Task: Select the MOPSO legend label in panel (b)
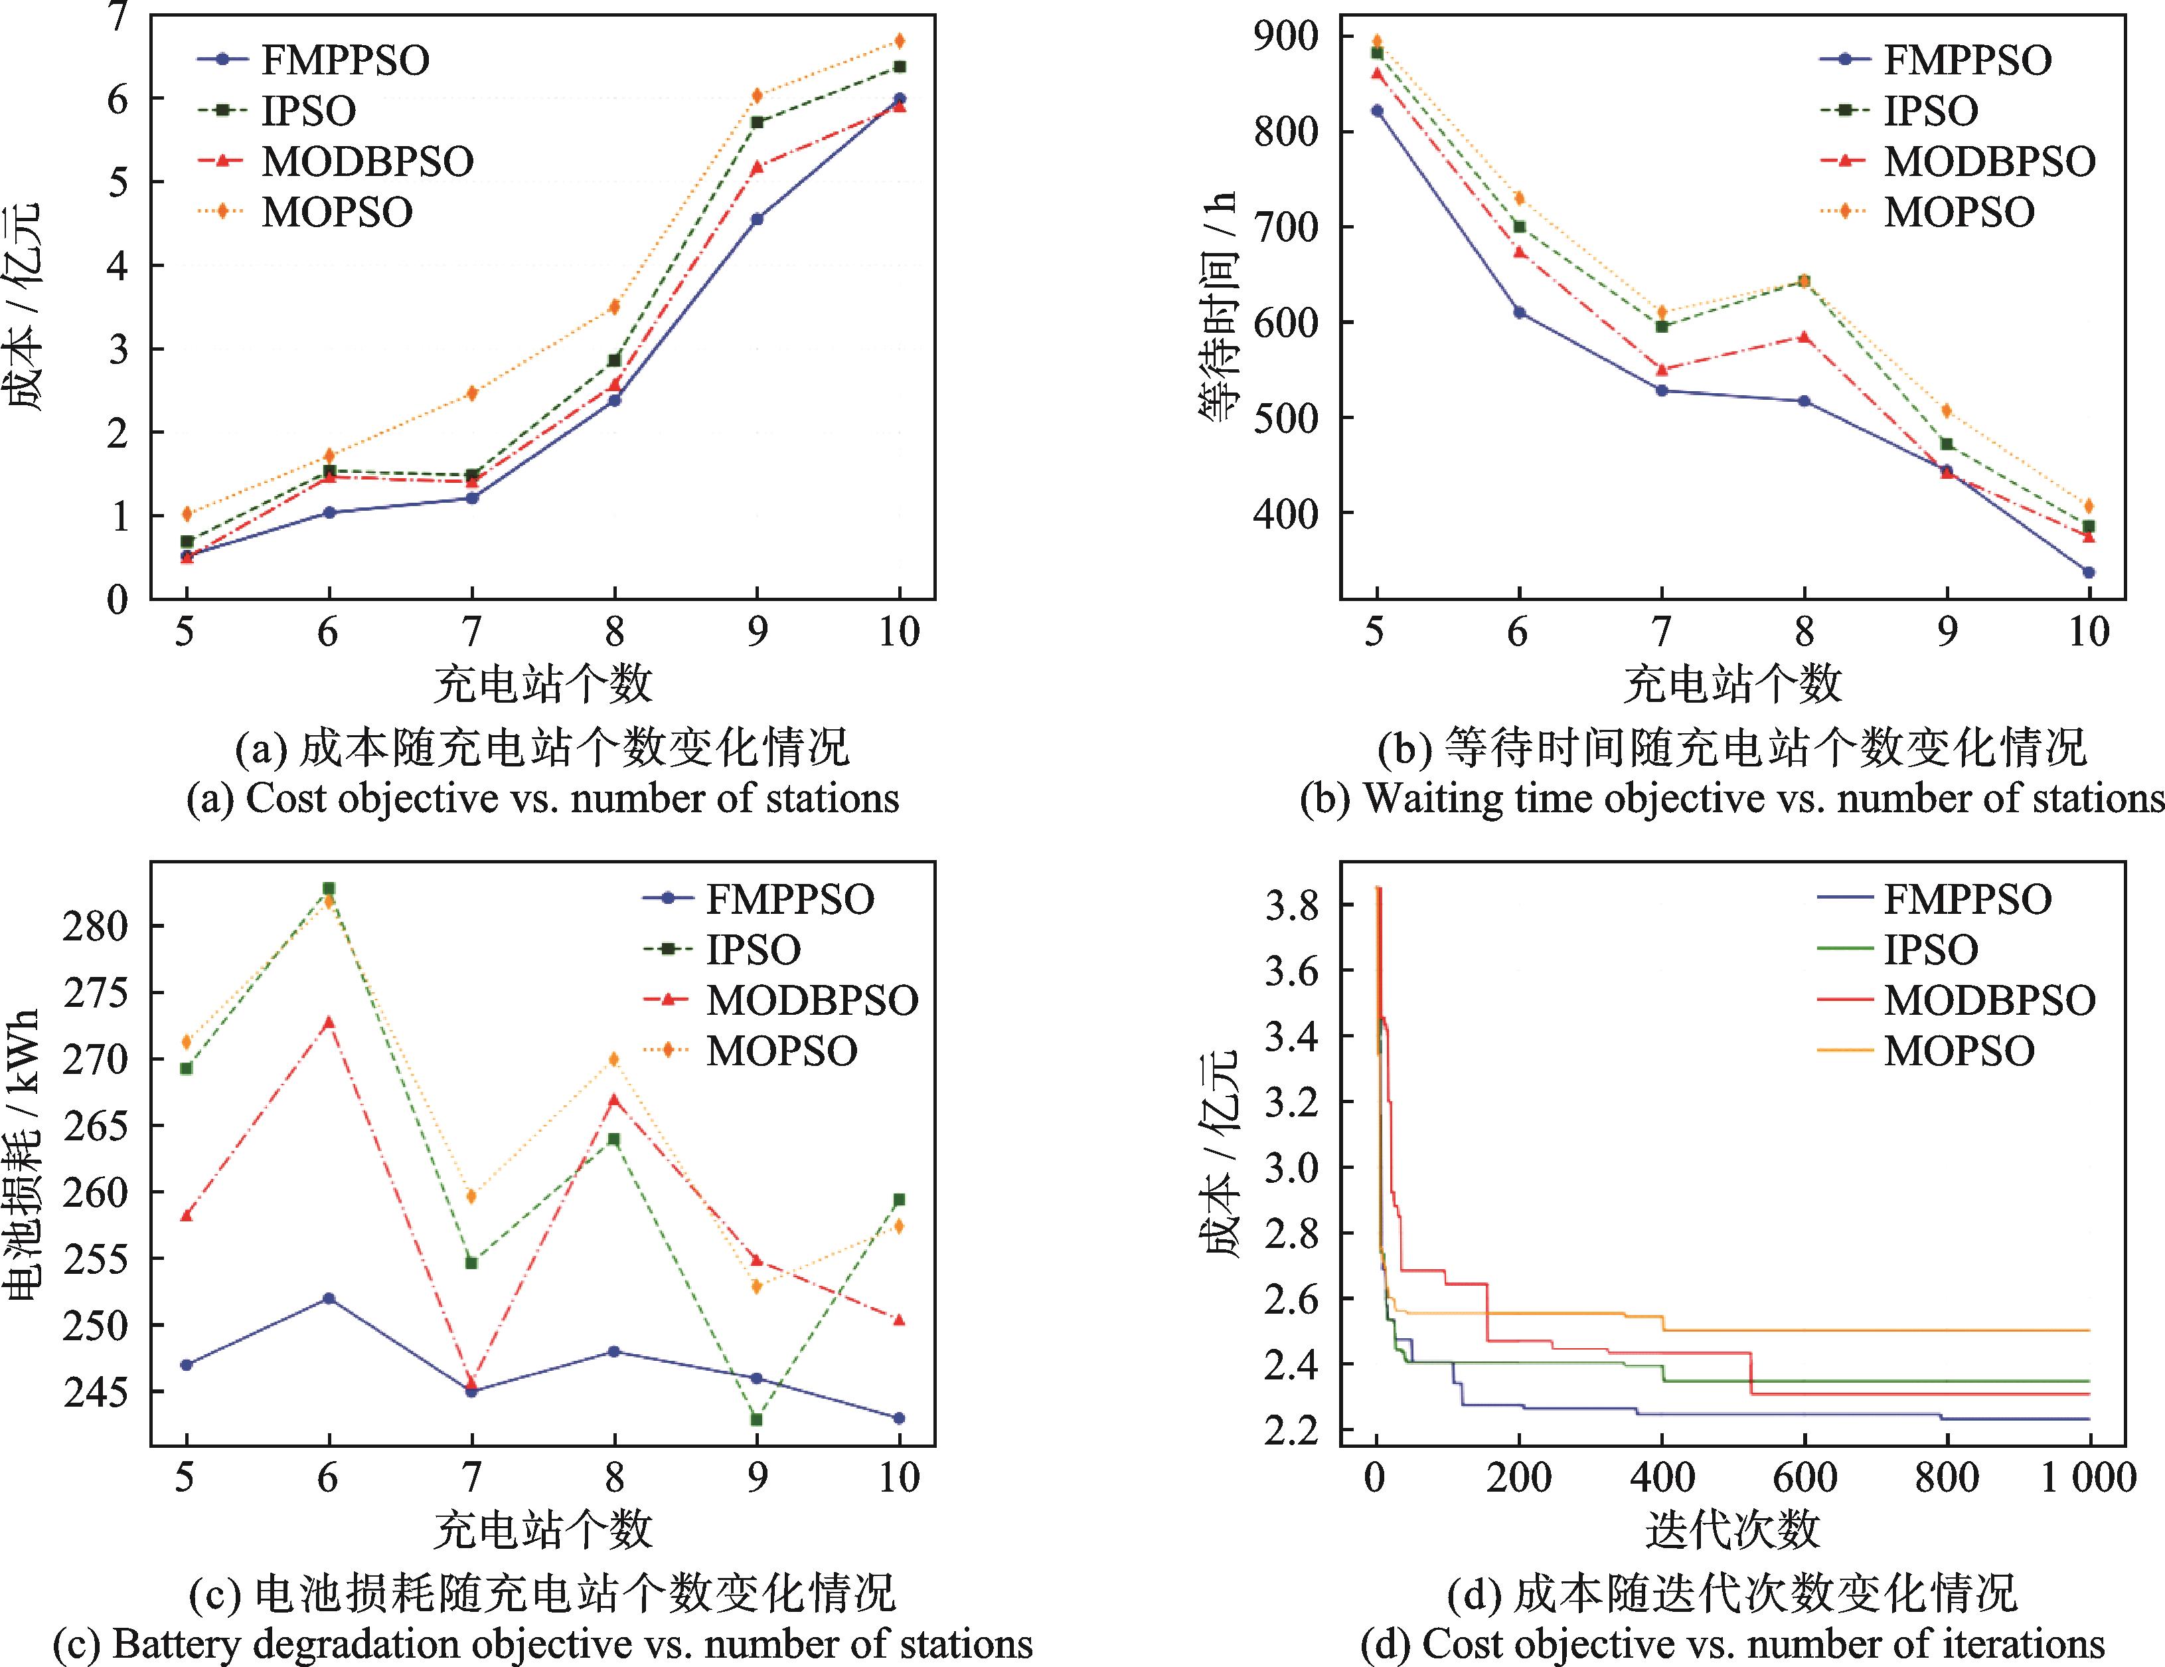click(x=1959, y=213)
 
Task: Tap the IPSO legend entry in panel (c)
click(x=752, y=950)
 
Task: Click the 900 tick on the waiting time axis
click(x=1286, y=37)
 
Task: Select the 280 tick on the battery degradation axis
click(x=95, y=925)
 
